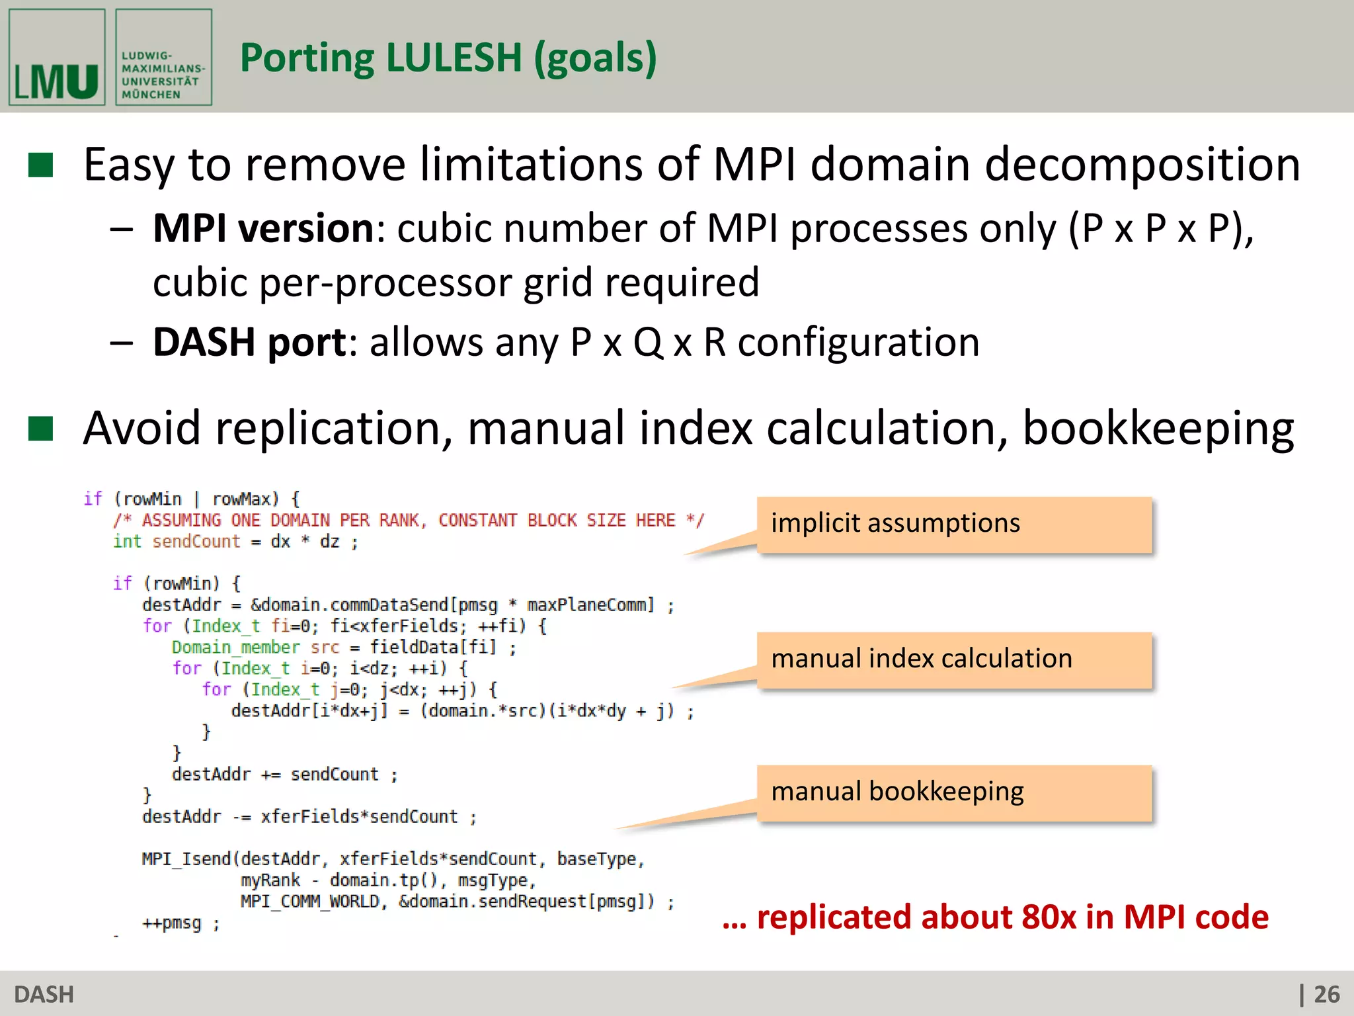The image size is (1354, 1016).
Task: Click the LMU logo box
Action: point(57,58)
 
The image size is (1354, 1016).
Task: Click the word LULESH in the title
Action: point(454,58)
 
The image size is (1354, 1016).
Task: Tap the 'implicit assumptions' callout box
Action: point(953,524)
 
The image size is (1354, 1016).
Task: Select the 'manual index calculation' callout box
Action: point(953,659)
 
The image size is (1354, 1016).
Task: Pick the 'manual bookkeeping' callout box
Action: point(953,792)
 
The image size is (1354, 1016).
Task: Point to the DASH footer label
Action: point(44,994)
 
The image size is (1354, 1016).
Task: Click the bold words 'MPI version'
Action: point(263,229)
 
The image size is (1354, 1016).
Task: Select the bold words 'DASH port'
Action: point(250,343)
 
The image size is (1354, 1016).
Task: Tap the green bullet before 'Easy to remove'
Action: point(41,165)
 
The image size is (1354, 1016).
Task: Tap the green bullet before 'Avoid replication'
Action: point(41,429)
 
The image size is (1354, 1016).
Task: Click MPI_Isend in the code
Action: point(186,859)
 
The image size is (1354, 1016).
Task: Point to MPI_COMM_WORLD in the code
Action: point(309,902)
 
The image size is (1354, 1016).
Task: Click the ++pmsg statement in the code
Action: point(172,923)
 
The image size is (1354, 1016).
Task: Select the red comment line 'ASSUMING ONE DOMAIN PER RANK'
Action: point(408,521)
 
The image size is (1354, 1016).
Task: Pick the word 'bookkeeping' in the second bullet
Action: point(1158,429)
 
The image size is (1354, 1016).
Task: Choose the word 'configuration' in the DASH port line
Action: point(858,343)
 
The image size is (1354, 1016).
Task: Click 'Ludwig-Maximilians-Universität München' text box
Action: point(163,58)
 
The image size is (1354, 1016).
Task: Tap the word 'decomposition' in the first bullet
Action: point(1142,165)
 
